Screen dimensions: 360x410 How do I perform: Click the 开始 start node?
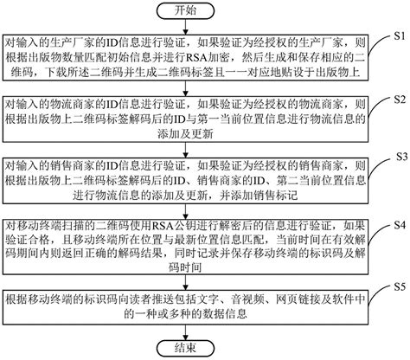[189, 12]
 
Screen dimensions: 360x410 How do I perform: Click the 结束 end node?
[189, 349]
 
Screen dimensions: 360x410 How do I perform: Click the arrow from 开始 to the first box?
[189, 27]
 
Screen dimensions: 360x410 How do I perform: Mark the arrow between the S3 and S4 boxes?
[189, 205]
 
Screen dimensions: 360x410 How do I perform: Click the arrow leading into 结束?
[189, 333]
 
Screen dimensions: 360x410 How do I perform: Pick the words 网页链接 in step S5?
[263, 299]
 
